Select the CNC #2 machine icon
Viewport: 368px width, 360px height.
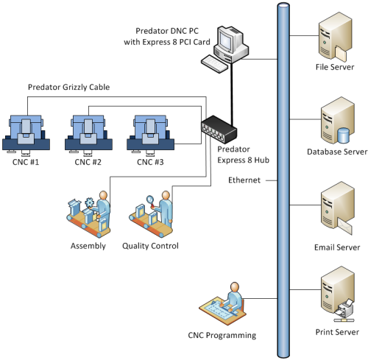coord(89,132)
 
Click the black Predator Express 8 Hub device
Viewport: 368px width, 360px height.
coord(218,131)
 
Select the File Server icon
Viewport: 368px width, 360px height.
coord(330,40)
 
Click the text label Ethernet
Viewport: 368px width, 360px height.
coord(244,180)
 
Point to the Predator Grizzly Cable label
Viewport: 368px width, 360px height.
coord(68,87)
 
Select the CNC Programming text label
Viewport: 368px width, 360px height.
coord(222,336)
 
